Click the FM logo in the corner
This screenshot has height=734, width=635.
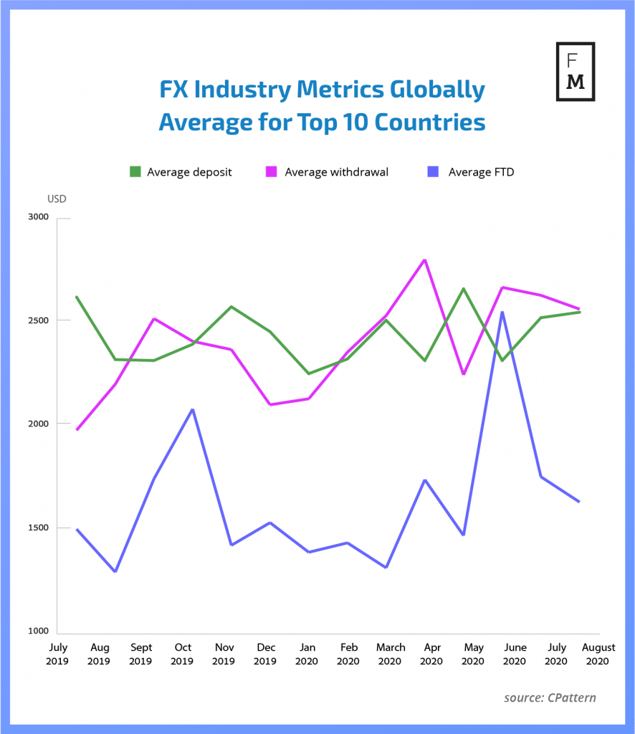[576, 72]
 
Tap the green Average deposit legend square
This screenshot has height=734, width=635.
[135, 172]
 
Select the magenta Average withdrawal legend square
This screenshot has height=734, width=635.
[272, 172]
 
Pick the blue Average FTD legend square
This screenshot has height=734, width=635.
[431, 172]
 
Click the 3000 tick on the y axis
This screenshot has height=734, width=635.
[37, 217]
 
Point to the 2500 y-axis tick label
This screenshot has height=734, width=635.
[37, 320]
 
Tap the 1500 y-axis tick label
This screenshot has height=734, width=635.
[37, 528]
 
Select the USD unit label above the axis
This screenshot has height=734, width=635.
[57, 199]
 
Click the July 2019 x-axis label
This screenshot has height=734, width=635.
[59, 654]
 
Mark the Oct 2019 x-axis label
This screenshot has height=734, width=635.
[182, 654]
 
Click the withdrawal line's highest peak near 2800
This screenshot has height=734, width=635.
[426, 259]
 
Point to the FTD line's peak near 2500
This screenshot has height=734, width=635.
[503, 312]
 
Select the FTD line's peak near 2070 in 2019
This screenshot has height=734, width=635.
[193, 409]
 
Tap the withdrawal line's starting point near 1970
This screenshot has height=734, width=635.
[77, 429]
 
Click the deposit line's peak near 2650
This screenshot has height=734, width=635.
[464, 289]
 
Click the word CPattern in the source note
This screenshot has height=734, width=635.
[569, 697]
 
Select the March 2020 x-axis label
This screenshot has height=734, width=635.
[390, 654]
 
